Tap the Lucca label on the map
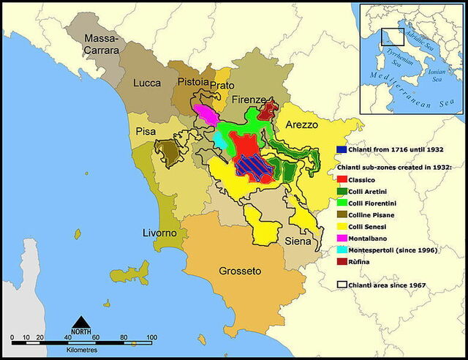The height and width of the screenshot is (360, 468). click(147, 84)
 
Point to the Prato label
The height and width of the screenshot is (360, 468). click(222, 86)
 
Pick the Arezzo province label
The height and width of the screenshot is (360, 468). click(301, 125)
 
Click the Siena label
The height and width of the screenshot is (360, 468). click(298, 241)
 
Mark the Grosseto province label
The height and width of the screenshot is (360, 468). click(240, 271)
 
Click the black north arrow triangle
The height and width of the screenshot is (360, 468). click(82, 322)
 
